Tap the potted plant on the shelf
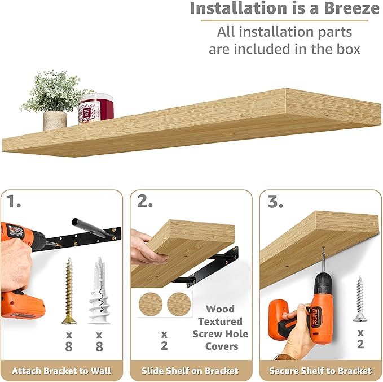tap(55, 102)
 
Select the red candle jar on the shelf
tap(96, 108)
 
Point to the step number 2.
tap(144, 201)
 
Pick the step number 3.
tap(275, 201)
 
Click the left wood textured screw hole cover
tap(150, 305)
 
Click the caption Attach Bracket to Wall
tap(61, 371)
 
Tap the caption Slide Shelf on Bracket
tap(190, 371)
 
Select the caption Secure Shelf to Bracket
tap(320, 371)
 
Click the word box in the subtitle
tap(345, 49)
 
